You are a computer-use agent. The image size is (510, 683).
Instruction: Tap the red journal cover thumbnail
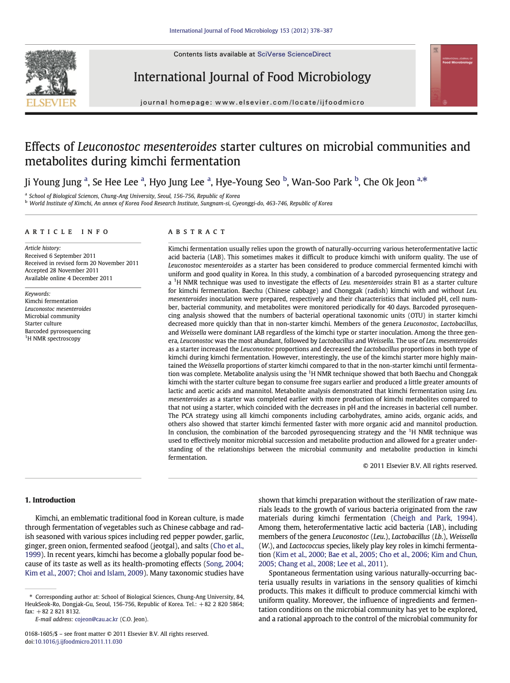pyautogui.click(x=453, y=75)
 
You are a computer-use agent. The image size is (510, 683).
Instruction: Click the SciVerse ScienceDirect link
pyautogui.click(x=294, y=54)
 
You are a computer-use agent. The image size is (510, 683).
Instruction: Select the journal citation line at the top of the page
pyautogui.click(x=251, y=31)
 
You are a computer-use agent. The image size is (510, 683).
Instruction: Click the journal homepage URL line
pyautogui.click(x=252, y=103)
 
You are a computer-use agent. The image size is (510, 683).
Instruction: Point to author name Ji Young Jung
pyautogui.click(x=53, y=182)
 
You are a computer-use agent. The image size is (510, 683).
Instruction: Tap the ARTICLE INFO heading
pyautogui.click(x=67, y=232)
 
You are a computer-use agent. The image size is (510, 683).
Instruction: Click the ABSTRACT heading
pyautogui.click(x=197, y=232)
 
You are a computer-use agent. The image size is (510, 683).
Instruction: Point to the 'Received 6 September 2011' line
pyautogui.click(x=60, y=256)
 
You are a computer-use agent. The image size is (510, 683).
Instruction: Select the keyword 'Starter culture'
pyautogui.click(x=43, y=324)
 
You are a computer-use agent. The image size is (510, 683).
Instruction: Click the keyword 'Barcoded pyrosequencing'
pyautogui.click(x=57, y=331)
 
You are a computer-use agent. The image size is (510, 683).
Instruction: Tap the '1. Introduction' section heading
pyautogui.click(x=50, y=500)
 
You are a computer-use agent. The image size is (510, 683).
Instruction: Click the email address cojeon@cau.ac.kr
pyautogui.click(x=96, y=619)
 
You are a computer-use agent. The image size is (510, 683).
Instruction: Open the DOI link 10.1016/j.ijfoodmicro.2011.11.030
pyautogui.click(x=78, y=642)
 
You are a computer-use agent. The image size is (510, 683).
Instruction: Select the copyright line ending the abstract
pyautogui.click(x=420, y=466)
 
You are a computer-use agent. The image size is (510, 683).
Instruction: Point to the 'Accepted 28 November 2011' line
pyautogui.click(x=62, y=270)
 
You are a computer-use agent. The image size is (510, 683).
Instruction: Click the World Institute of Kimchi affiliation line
pyautogui.click(x=180, y=203)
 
